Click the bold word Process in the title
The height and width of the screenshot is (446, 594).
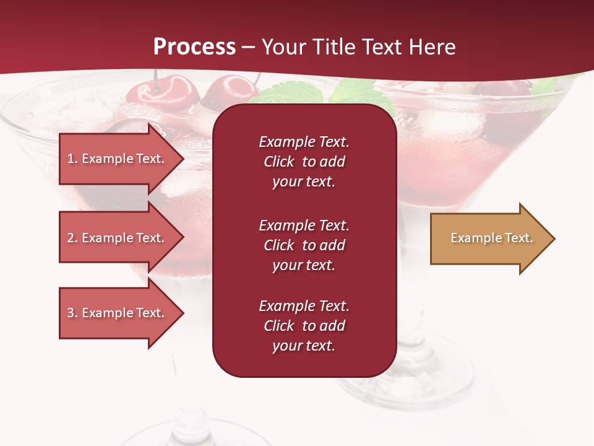coord(194,47)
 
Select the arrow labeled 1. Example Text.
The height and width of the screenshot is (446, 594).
coord(118,159)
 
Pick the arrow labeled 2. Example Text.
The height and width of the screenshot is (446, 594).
coord(118,238)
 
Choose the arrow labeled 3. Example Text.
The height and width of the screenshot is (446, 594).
coord(118,313)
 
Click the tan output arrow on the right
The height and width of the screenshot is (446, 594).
coord(489,238)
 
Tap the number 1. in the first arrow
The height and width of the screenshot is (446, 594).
coord(72,159)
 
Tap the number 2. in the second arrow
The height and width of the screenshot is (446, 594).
coord(72,238)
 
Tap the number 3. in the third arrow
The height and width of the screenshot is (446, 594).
coord(72,313)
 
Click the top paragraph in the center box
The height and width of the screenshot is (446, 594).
coord(304,162)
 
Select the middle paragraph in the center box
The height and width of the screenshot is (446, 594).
coord(304,245)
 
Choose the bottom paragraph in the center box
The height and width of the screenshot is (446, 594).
coord(304,326)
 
